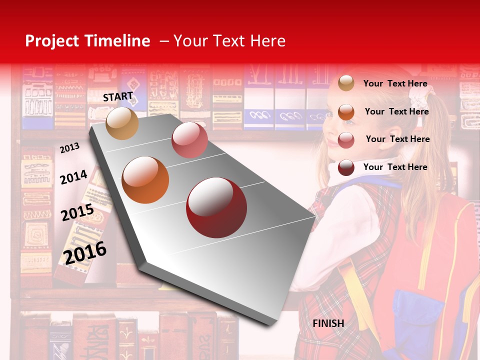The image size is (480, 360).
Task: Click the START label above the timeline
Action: (118, 96)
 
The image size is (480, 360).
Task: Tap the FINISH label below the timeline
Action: (328, 323)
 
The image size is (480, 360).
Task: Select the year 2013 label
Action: (69, 148)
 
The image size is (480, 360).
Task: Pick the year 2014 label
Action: (73, 177)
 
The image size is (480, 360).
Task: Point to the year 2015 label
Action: (77, 212)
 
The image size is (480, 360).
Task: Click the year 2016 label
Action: (85, 252)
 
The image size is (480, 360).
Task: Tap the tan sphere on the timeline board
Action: (122, 123)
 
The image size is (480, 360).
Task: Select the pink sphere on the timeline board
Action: (189, 140)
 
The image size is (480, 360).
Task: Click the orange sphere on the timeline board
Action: (145, 180)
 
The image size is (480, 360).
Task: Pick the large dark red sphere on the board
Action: (216, 207)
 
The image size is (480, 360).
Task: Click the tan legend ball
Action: (346, 83)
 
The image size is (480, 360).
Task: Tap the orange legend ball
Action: (346, 111)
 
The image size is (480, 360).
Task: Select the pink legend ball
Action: (346, 140)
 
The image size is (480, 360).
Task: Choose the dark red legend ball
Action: (346, 167)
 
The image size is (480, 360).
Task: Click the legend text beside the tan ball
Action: (395, 83)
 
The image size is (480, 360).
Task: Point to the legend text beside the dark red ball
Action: (395, 167)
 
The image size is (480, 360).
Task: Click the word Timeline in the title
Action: (117, 41)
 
